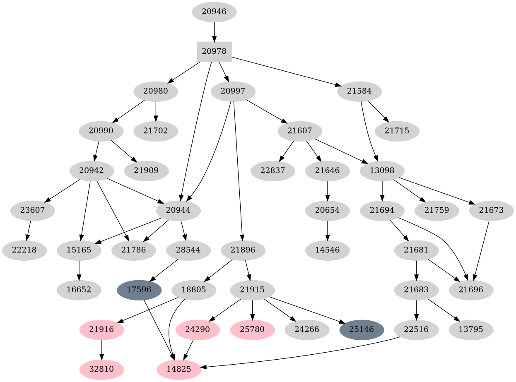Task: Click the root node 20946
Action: click(x=214, y=12)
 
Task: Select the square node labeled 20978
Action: click(x=214, y=51)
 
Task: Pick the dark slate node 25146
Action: click(x=362, y=330)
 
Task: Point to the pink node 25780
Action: click(x=253, y=330)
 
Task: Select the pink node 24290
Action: click(x=198, y=330)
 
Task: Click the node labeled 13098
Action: click(x=382, y=171)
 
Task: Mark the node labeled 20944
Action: click(x=178, y=210)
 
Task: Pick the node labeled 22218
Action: click(x=24, y=250)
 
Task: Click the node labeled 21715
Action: click(x=397, y=131)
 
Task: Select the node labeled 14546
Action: click(x=328, y=250)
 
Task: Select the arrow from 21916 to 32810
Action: click(x=101, y=350)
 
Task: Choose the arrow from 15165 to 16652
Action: click(x=79, y=270)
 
